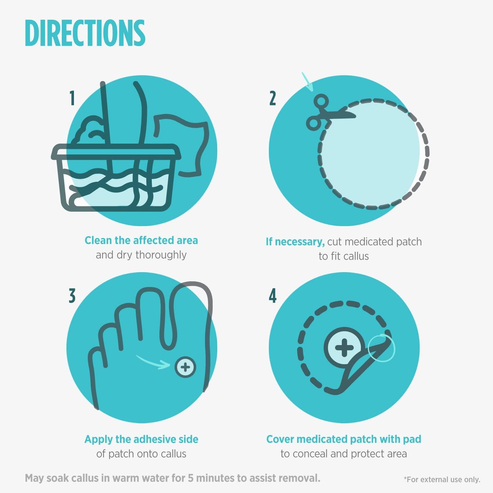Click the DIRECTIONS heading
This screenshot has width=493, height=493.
click(85, 33)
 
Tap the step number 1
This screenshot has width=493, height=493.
click(72, 98)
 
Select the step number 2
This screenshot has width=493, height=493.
click(272, 98)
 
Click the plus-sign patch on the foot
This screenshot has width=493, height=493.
click(185, 367)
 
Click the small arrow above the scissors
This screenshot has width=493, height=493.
click(308, 82)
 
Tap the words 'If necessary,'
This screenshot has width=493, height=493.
click(295, 242)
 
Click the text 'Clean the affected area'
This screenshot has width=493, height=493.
click(141, 240)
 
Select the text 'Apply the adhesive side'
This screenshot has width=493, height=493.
click(141, 439)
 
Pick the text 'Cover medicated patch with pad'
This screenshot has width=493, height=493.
click(344, 439)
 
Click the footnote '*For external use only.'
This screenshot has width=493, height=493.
click(442, 480)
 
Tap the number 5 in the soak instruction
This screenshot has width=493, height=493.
click(191, 478)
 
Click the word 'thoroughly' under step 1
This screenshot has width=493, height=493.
click(161, 255)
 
